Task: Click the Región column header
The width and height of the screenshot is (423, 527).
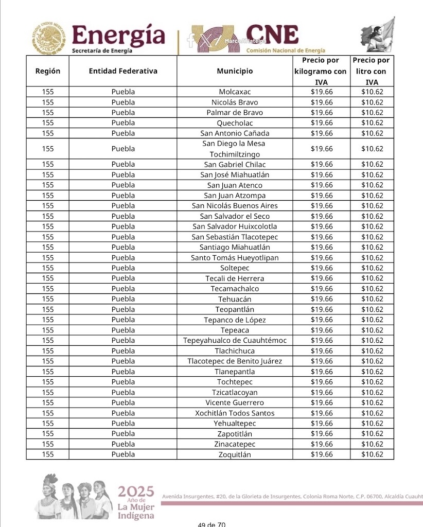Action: (47, 71)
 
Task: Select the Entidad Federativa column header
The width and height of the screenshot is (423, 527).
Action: (123, 71)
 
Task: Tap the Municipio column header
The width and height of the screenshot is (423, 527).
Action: (235, 71)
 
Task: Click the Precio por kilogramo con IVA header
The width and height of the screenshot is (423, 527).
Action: (321, 71)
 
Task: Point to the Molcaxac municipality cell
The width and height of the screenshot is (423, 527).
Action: (235, 92)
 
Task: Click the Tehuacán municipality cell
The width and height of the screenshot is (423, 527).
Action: (235, 299)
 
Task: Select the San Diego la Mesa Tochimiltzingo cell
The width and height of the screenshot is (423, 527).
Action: (235, 149)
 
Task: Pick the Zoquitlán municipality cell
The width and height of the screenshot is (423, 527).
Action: (235, 454)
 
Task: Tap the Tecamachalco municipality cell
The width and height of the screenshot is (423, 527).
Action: (235, 289)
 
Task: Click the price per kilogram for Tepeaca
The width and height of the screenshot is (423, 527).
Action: (322, 330)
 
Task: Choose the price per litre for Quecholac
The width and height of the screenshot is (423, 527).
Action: (372, 122)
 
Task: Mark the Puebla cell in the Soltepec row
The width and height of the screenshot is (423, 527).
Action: (123, 268)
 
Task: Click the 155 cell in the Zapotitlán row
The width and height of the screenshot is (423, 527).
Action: (47, 434)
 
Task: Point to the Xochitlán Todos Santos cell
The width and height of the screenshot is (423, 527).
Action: (235, 413)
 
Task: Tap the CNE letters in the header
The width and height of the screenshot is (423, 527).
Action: (272, 34)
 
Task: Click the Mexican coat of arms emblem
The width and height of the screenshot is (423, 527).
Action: (49, 38)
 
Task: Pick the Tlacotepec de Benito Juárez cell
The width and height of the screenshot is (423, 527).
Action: (235, 361)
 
